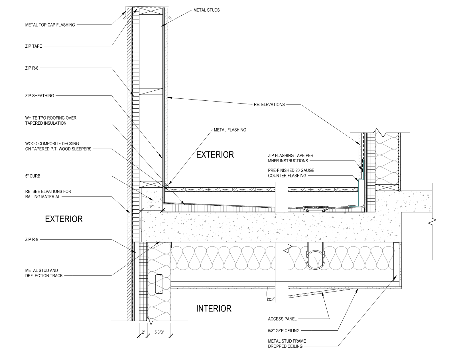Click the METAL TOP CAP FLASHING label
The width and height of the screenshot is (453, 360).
[x=50, y=25]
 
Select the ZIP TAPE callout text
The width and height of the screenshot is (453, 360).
[x=34, y=46]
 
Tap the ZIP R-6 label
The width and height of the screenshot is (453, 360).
[x=32, y=68]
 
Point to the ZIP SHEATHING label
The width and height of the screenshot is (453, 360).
[x=40, y=96]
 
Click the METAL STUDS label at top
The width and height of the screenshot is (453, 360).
[x=206, y=10]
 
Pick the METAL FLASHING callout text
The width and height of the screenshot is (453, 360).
[x=230, y=130]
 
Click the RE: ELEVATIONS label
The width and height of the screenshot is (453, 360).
[x=269, y=104]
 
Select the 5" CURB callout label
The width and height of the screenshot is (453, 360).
[x=32, y=176]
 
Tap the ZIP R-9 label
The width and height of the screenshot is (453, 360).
[x=32, y=240]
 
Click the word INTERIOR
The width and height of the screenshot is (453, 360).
[x=214, y=309]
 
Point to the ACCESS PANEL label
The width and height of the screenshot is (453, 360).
[x=282, y=319]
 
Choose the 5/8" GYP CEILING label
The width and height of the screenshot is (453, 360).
[x=284, y=331]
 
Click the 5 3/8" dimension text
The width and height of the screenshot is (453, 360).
[x=159, y=332]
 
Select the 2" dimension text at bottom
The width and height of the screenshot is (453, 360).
[x=143, y=332]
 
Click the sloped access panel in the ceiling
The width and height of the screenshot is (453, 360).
[x=319, y=293]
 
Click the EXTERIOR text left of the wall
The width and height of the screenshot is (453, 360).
[x=64, y=219]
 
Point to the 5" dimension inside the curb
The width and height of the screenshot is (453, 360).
[x=152, y=207]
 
